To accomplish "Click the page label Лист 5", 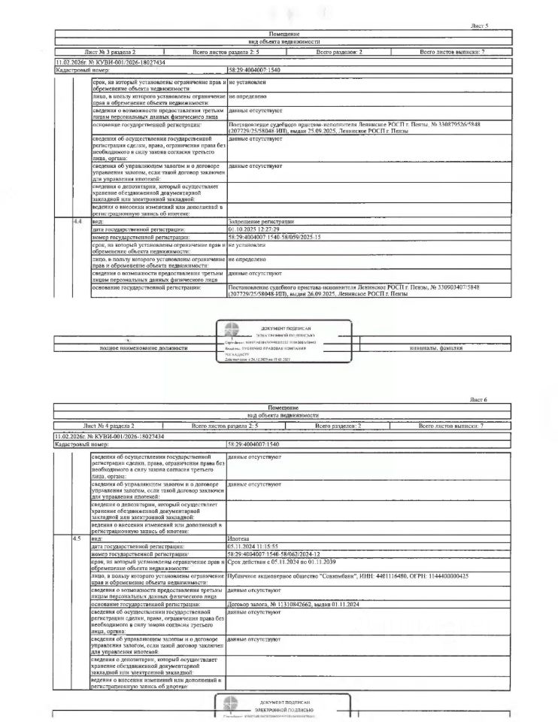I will (479, 26).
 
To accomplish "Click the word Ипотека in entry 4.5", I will (238, 539).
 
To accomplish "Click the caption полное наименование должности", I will (144, 348).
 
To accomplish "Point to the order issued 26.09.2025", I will (353, 290).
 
